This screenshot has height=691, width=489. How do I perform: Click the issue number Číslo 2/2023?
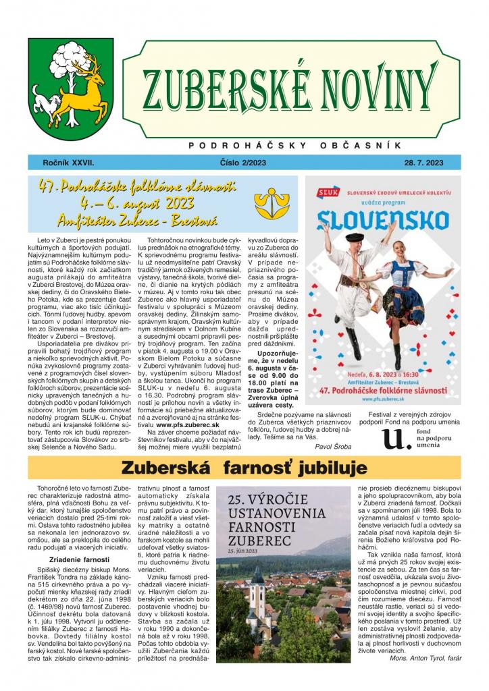pos(244,163)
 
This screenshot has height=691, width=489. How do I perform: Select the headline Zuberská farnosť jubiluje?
pos(244,468)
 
